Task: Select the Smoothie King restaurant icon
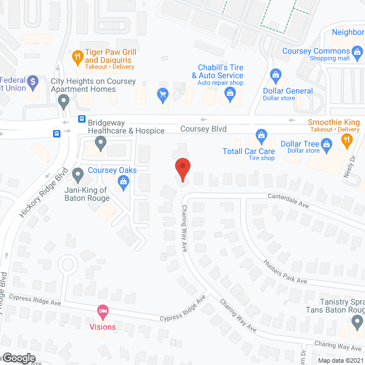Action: [346, 140]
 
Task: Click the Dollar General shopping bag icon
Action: [276, 75]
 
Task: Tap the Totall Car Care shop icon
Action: [261, 135]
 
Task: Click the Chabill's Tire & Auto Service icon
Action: [231, 97]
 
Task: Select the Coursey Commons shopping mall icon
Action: [358, 55]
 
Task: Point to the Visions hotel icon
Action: [103, 312]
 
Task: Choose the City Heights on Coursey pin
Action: [64, 102]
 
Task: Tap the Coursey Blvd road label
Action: [203, 129]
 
